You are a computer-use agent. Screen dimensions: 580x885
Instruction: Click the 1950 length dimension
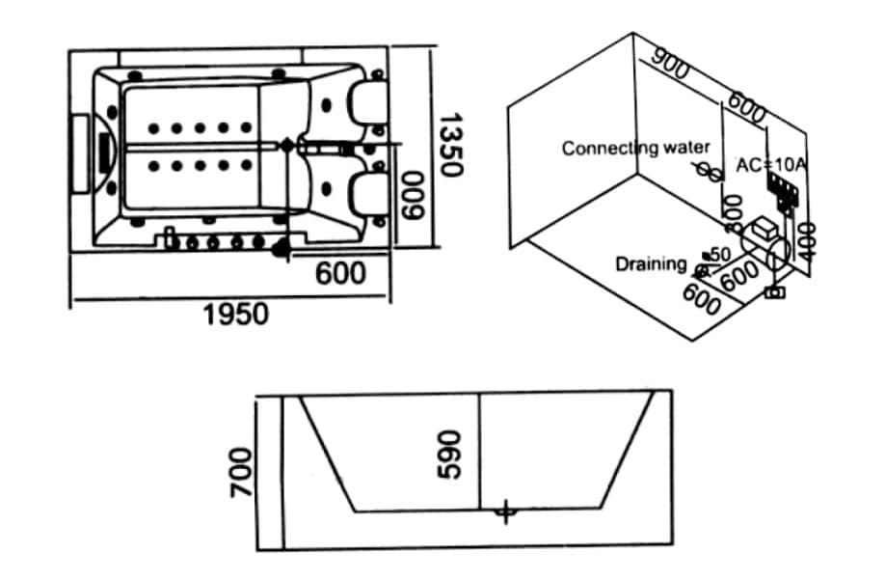[236, 314]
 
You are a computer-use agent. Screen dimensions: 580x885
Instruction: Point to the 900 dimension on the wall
[672, 65]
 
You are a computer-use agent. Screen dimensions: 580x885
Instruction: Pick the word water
[687, 148]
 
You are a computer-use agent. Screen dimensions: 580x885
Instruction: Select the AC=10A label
[770, 165]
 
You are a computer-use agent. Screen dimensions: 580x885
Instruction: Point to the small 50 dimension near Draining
[720, 253]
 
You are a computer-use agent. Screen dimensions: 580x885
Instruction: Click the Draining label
[652, 263]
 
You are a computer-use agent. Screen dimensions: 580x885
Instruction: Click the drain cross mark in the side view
[504, 511]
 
